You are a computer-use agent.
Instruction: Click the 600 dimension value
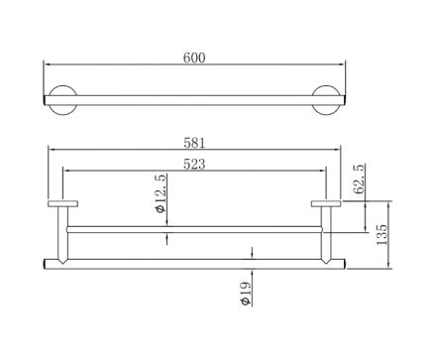pos(194,58)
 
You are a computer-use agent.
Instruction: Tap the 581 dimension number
pos(194,143)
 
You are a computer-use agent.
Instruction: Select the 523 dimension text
pos(194,164)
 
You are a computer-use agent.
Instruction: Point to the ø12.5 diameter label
pos(162,193)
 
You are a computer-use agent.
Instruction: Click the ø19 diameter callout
pos(246,294)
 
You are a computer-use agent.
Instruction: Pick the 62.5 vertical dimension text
pos(359,179)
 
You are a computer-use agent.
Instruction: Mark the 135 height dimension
pos(381,235)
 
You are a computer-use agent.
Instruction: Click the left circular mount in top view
pos(62,100)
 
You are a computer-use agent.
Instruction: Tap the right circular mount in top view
pos(326,100)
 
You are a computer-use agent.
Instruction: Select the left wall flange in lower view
pos(62,203)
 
